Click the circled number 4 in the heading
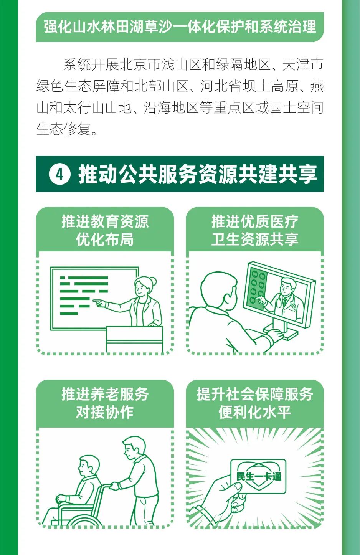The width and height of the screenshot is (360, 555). [x=60, y=175]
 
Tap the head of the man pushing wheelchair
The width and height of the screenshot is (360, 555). [x=134, y=448]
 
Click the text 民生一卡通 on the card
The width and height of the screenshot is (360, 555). [x=259, y=476]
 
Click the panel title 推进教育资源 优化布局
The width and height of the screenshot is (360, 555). [x=105, y=230]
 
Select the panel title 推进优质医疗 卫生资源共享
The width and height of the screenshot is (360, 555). [x=255, y=230]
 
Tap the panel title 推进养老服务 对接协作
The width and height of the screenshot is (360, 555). [x=105, y=403]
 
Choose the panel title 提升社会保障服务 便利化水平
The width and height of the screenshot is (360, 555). [x=255, y=403]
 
